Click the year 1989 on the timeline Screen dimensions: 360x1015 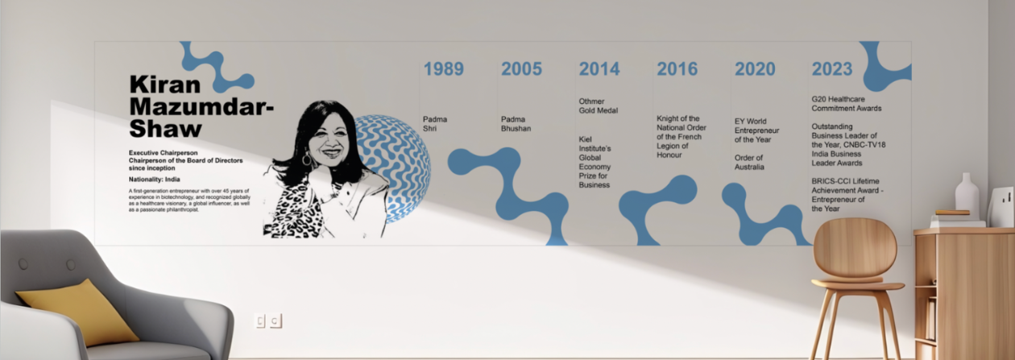tap(443, 69)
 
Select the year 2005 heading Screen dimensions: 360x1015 tap(521, 69)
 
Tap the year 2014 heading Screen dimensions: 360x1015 tap(599, 69)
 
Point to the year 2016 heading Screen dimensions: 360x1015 tap(677, 69)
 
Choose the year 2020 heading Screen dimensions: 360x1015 tap(755, 69)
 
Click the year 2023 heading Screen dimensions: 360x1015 tap(832, 69)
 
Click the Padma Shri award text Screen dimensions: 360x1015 tap(435, 123)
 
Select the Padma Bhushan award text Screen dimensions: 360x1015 tap(516, 123)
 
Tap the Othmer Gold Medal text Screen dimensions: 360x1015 tap(598, 106)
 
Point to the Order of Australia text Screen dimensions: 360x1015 tap(749, 162)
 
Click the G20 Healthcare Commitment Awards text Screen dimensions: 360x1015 tap(846, 103)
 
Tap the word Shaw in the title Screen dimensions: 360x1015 tap(165, 129)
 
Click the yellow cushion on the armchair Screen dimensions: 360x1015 tap(77, 310)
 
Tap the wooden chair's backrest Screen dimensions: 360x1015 tap(855, 249)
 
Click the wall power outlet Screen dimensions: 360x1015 tap(268, 321)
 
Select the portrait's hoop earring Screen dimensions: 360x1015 tap(307, 160)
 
